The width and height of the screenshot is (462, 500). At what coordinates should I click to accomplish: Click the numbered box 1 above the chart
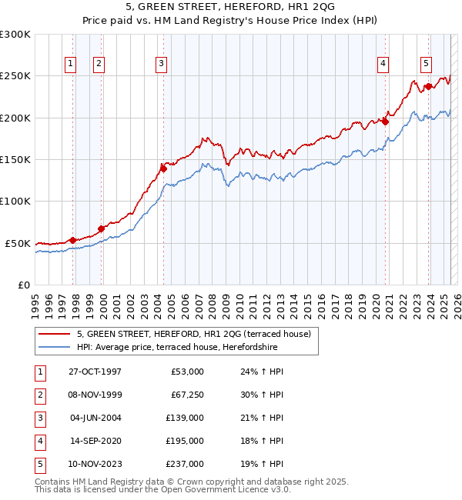pos(70,64)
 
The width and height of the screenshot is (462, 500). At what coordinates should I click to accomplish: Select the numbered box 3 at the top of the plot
pos(161,64)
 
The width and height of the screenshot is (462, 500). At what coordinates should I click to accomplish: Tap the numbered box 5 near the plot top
pos(426,64)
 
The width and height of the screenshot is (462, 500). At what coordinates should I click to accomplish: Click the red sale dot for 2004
pos(163,166)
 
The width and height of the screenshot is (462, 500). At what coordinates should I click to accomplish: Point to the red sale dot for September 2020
pos(386,122)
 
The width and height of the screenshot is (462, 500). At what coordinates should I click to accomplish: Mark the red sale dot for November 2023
pos(427,86)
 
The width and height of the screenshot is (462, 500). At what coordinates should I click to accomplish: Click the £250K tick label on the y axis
pos(15,76)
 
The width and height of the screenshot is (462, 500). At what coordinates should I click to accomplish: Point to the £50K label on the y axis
pos(18,243)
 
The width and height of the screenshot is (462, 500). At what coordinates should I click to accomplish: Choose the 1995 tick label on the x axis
pos(35,302)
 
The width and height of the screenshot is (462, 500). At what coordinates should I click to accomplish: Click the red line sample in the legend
pos(54,334)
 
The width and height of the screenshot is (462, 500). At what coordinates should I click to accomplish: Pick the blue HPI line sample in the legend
pos(54,347)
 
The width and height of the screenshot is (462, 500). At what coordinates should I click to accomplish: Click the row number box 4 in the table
pos(39,441)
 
